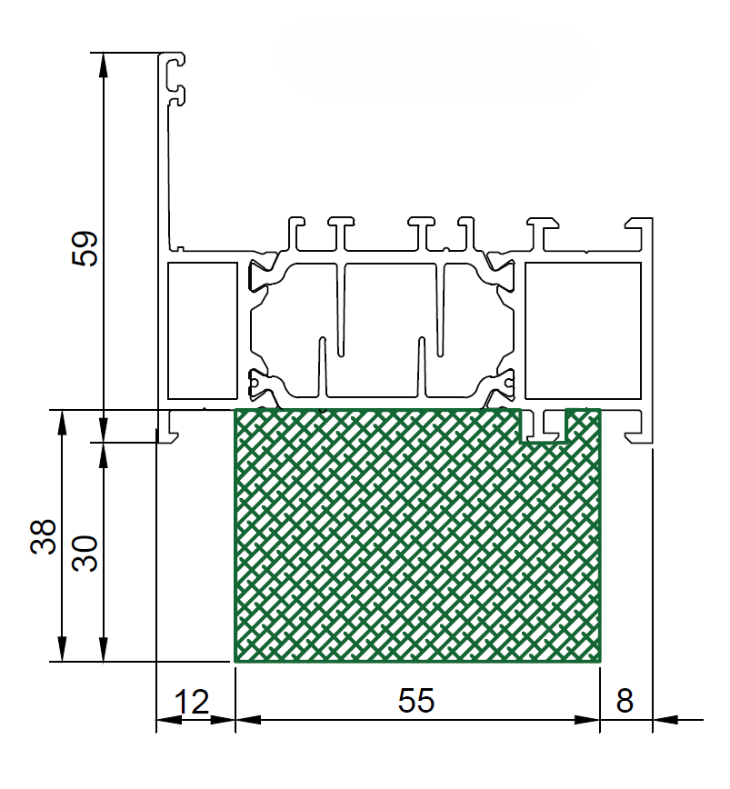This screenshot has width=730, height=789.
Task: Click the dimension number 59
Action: [85, 248]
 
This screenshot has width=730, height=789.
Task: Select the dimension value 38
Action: [44, 537]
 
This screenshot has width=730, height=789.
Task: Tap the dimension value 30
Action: [85, 554]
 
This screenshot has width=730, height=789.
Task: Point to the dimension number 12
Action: [192, 702]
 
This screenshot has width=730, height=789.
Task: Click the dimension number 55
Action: [416, 701]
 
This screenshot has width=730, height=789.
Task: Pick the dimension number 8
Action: [625, 701]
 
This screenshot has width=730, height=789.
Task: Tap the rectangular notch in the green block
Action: [544, 425]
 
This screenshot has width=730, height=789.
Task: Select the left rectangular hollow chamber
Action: [202, 331]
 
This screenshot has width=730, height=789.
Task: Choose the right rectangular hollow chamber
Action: [583, 331]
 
